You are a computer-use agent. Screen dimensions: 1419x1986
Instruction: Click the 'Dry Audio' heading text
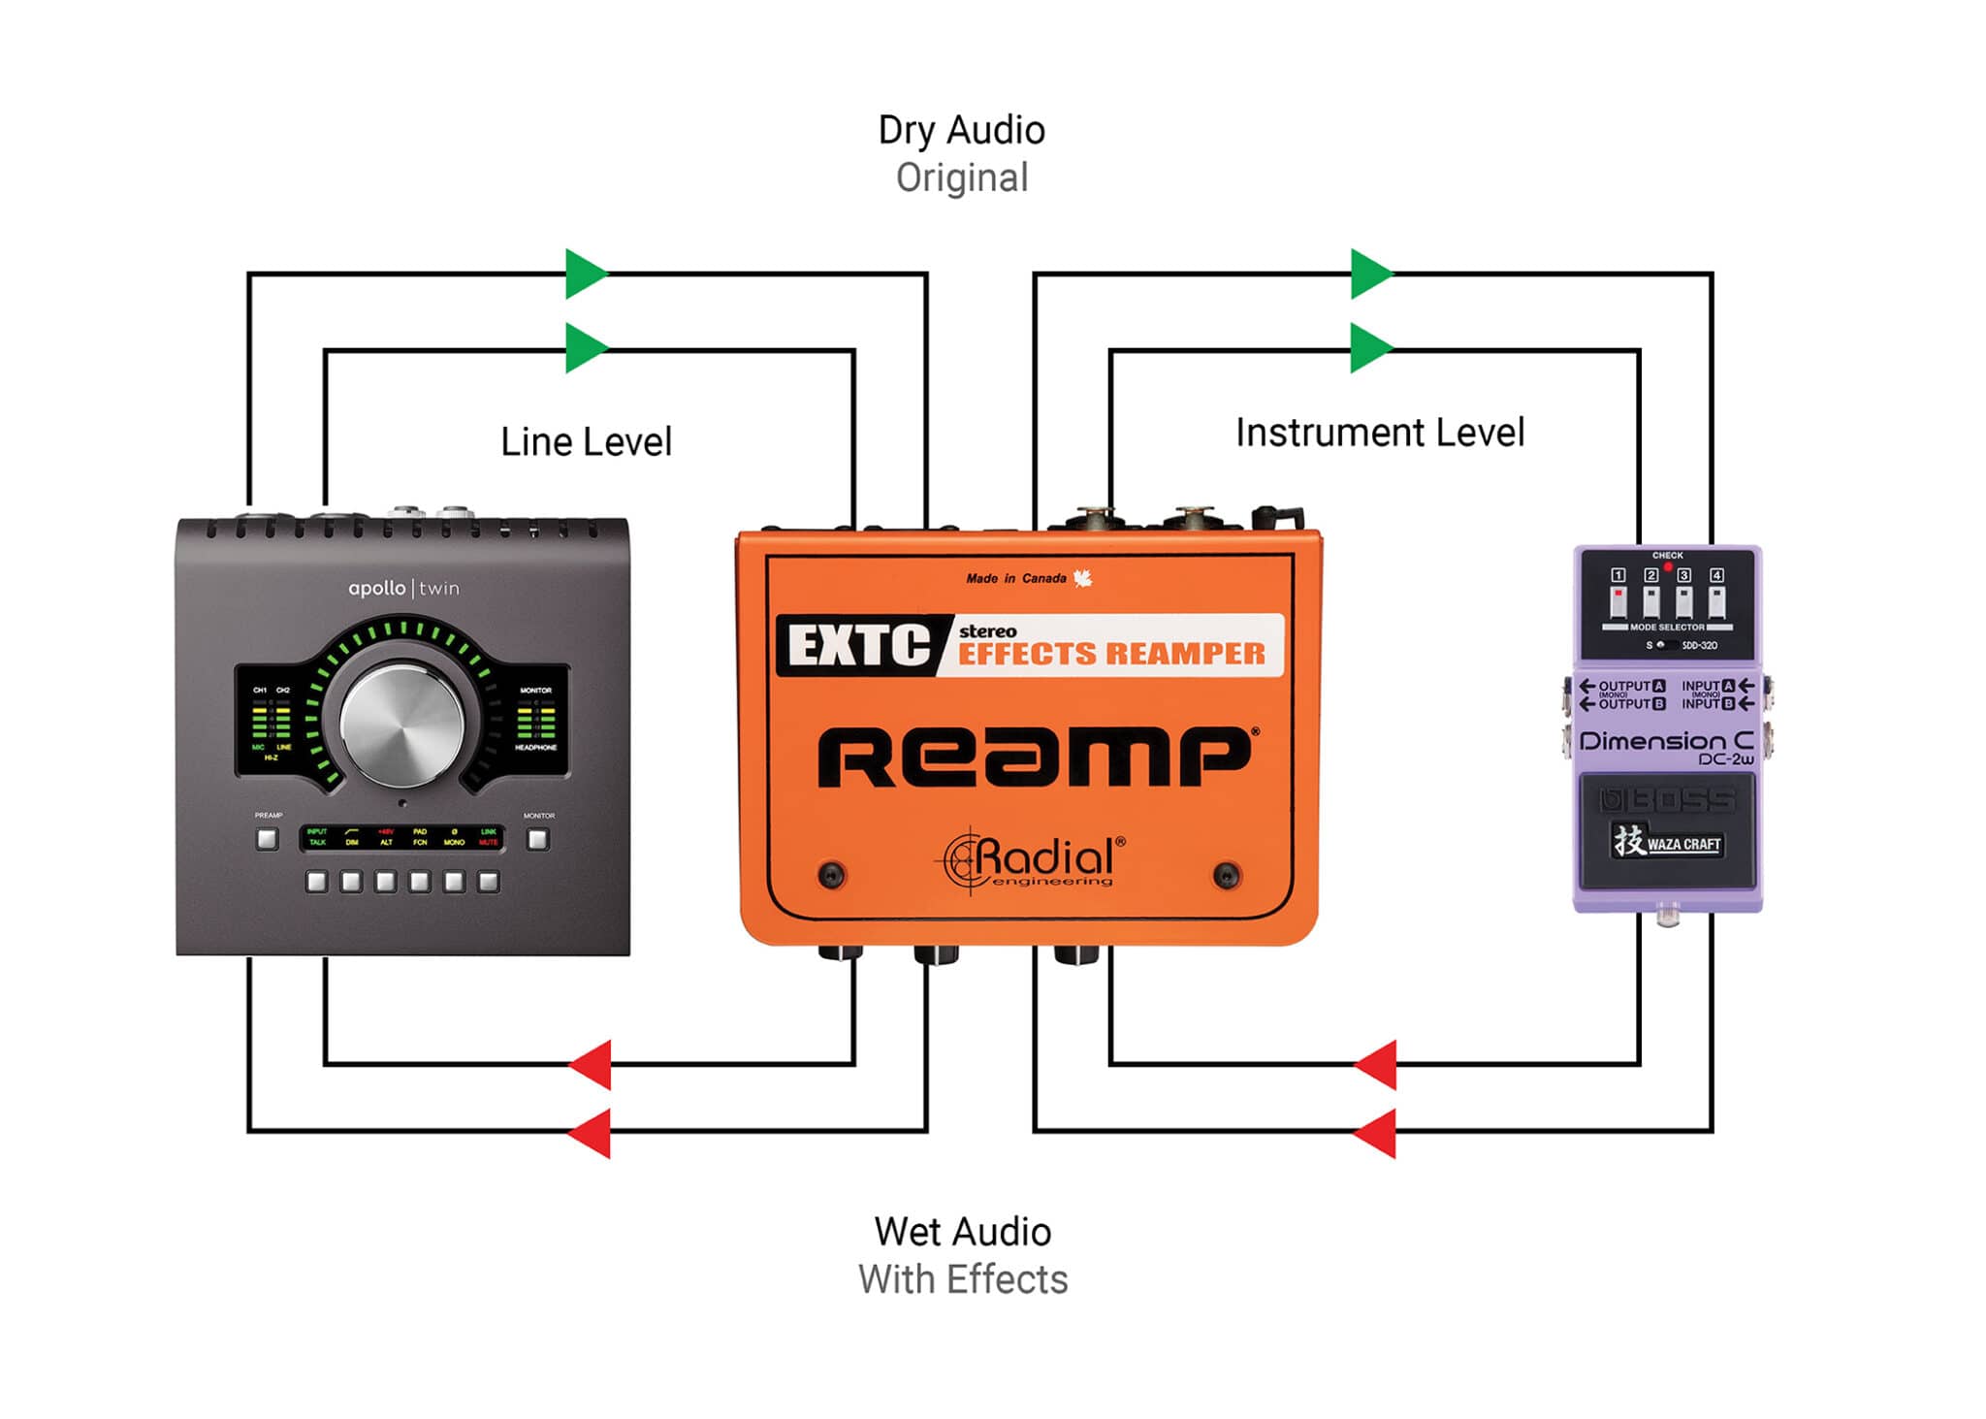point(961,130)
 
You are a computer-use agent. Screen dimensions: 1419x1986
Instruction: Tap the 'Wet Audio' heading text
point(962,1232)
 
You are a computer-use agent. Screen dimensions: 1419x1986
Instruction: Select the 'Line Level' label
point(586,442)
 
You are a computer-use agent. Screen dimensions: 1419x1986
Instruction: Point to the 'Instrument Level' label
point(1379,433)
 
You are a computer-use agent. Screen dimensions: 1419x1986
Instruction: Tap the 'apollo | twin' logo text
point(403,589)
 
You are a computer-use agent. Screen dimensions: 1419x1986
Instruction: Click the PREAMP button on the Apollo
point(267,839)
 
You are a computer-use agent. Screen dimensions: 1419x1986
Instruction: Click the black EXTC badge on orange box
point(859,646)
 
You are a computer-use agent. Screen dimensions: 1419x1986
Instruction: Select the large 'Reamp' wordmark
point(1034,758)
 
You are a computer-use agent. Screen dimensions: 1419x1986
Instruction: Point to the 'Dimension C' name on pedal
point(1665,742)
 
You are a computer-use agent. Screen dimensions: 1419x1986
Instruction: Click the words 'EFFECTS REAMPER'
point(1111,655)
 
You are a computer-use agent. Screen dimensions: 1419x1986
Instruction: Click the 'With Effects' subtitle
point(962,1280)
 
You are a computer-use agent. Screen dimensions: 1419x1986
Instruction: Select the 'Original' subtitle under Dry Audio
point(961,178)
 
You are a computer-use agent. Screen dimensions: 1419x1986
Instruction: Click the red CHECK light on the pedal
point(1668,566)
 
